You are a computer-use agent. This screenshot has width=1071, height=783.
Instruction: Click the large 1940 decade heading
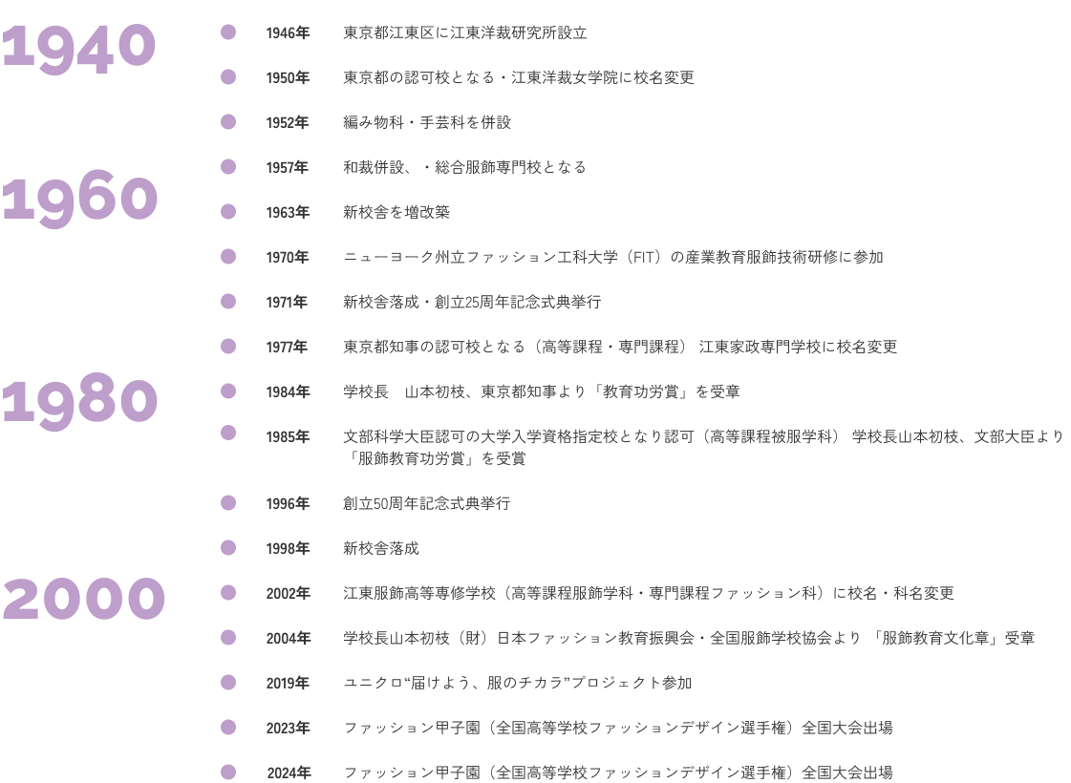78,48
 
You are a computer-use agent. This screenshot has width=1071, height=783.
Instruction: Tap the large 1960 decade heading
80,199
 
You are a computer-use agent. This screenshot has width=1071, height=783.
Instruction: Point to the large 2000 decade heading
83,599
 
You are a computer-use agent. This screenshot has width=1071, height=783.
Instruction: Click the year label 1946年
288,32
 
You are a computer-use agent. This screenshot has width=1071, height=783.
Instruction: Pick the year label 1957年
288,167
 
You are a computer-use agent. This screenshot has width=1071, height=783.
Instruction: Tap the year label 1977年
287,347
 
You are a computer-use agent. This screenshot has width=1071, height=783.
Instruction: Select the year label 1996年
288,504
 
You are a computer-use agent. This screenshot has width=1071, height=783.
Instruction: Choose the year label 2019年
288,684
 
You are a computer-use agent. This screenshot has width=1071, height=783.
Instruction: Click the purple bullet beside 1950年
228,77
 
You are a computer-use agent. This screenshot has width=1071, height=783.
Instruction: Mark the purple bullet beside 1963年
228,212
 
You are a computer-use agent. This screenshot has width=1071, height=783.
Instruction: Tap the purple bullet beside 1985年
228,433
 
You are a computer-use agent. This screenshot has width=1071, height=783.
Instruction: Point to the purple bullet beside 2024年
228,772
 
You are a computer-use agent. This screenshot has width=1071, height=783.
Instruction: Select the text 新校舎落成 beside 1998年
381,548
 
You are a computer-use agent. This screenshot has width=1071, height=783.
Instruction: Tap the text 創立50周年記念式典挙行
427,504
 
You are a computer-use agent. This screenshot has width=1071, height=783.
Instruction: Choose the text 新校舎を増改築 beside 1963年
396,212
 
